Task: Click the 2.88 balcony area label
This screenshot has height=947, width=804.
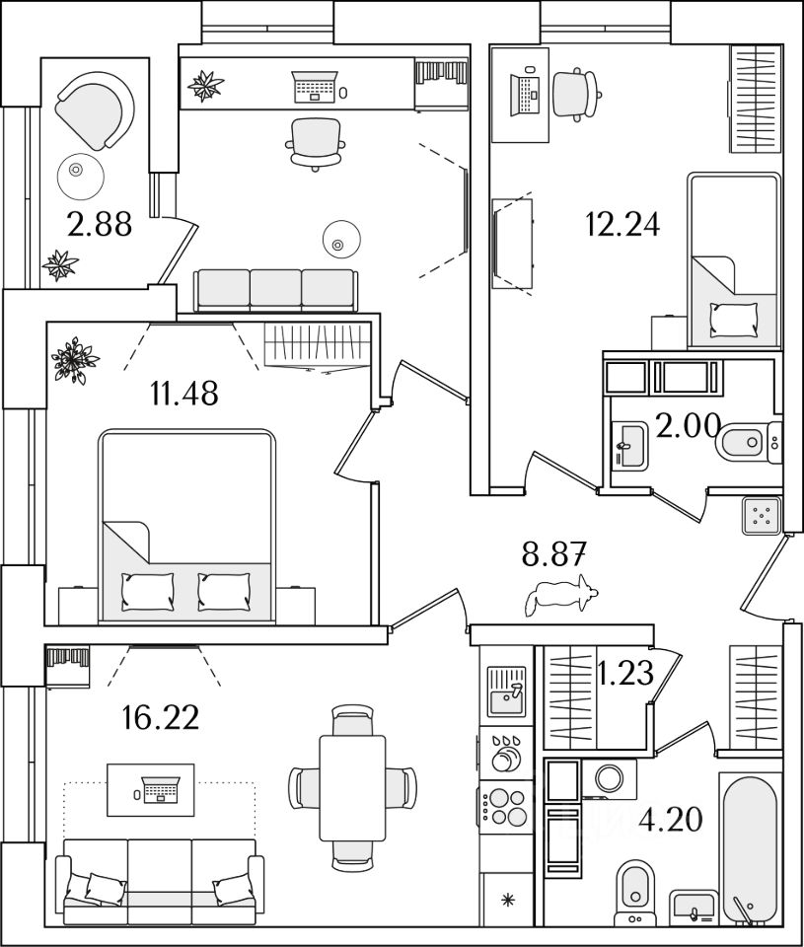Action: point(99,226)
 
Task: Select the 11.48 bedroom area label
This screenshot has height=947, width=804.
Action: point(184,394)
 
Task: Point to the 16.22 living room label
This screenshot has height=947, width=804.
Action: point(161,716)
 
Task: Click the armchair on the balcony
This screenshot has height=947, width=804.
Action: point(95,111)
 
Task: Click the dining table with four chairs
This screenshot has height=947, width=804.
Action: point(352,786)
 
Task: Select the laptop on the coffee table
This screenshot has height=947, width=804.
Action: point(160,788)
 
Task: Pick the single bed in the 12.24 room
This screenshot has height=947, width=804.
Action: point(734,261)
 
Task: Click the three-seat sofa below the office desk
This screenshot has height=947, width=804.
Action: point(274,290)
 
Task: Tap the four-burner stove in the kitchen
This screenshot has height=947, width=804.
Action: point(506,806)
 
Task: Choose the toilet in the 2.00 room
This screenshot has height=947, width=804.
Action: point(746,442)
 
